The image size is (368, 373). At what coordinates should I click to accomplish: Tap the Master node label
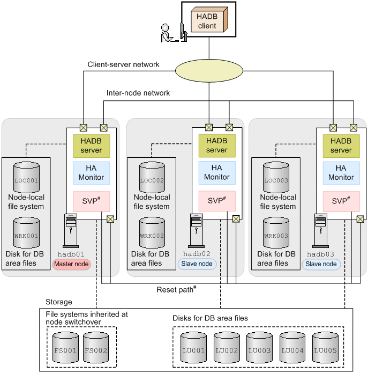[72, 264]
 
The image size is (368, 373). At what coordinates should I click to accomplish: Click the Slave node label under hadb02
[196, 264]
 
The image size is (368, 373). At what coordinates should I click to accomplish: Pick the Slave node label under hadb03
[321, 264]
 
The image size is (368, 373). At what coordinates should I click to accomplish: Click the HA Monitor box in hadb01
[91, 173]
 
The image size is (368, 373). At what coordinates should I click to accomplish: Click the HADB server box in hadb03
[341, 145]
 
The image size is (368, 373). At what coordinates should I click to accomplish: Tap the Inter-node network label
[138, 93]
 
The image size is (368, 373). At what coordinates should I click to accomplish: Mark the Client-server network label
[123, 64]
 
